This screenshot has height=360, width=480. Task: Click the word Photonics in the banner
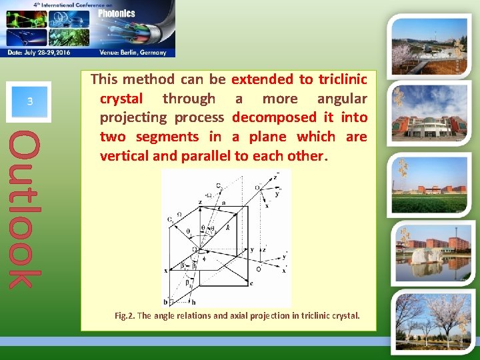[x=117, y=13]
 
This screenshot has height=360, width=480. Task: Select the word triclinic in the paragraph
[x=342, y=79]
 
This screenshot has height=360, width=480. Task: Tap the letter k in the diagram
[x=227, y=227]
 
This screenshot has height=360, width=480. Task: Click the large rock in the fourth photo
[x=419, y=261]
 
